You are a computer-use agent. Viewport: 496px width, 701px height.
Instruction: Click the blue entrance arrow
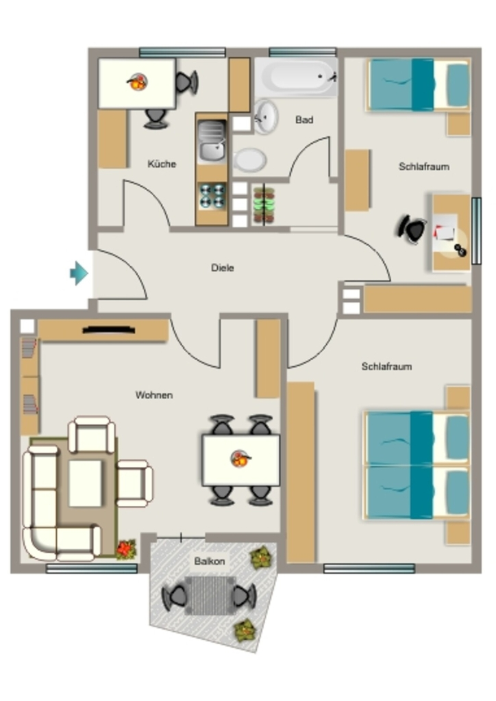79,272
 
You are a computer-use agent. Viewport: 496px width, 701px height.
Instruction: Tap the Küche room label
162,164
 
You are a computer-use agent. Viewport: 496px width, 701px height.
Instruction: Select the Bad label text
304,120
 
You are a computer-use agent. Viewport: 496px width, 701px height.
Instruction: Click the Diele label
222,268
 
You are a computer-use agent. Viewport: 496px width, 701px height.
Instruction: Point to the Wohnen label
154,395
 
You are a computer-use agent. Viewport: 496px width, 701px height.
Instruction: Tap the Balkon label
210,561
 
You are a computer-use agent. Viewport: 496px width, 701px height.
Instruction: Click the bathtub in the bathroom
296,77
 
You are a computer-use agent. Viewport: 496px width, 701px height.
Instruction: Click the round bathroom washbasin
266,117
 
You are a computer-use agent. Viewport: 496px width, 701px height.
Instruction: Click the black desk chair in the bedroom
412,229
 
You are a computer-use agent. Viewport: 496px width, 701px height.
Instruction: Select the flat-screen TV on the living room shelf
109,331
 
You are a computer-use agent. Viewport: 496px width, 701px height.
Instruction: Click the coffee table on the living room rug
85,483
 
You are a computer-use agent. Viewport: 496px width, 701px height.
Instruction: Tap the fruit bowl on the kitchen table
137,82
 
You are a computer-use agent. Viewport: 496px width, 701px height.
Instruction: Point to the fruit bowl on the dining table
240,459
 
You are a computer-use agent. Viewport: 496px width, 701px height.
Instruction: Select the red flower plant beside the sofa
127,550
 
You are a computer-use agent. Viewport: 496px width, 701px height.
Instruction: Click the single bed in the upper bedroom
418,85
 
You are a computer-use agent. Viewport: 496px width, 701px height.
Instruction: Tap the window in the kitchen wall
182,53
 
